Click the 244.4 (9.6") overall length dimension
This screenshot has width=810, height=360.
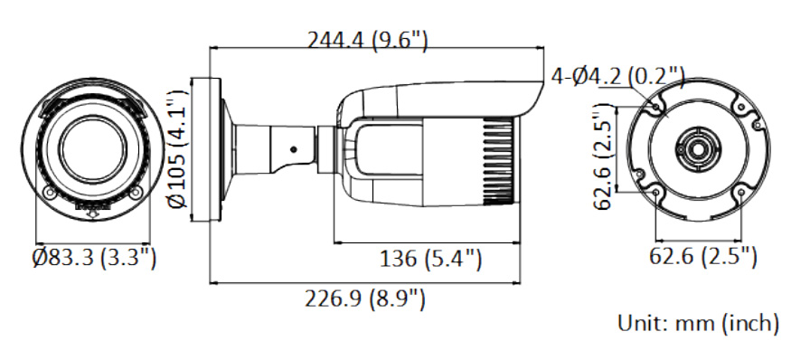[368, 40]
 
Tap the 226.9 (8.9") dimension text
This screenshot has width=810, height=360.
[364, 298]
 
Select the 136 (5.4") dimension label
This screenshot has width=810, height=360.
[430, 259]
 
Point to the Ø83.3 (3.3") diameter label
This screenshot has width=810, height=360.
[94, 257]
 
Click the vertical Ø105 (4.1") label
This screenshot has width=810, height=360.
[177, 149]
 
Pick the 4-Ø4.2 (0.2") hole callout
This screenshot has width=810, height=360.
[617, 77]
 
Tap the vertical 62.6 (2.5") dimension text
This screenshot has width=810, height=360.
[602, 156]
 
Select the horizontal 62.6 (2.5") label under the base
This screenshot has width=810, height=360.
[703, 256]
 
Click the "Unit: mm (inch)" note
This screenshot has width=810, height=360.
[698, 323]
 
